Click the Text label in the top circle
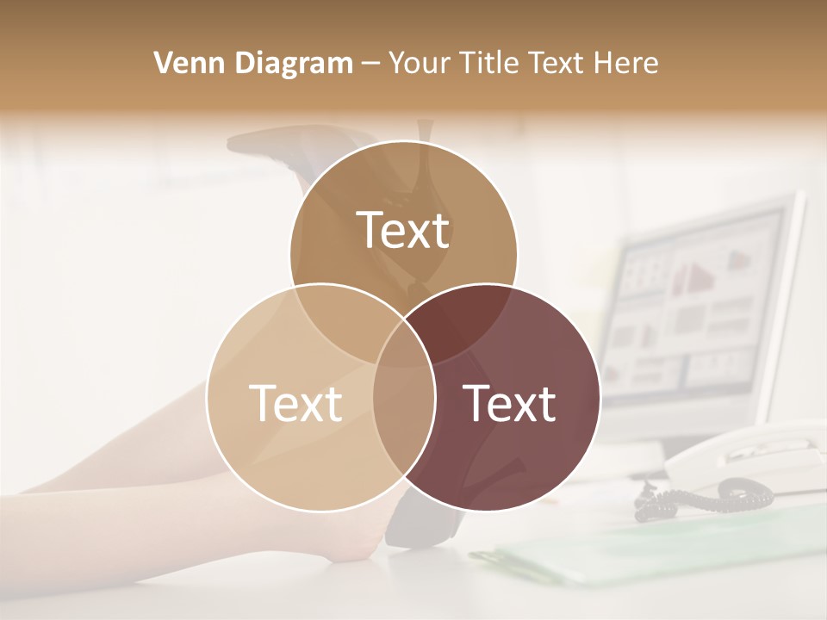tap(403, 230)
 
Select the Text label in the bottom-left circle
tap(295, 403)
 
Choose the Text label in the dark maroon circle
tap(509, 403)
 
